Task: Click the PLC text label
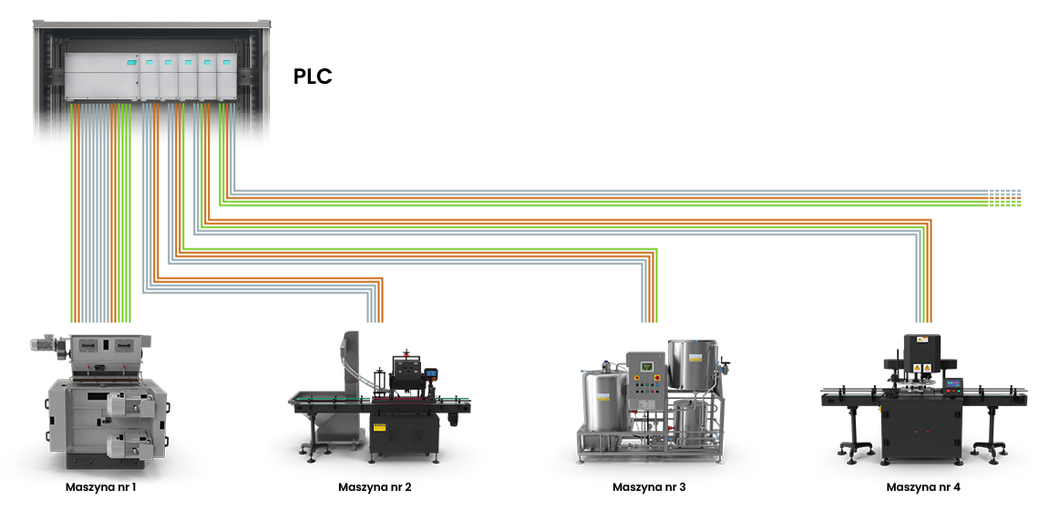coord(313,76)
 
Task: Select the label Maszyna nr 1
coord(100,487)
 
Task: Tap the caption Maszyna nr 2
coord(375,487)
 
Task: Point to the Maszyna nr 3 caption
coord(649,487)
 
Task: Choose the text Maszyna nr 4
coord(923,487)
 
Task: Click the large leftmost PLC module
coord(100,77)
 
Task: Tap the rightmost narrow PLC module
coord(227,77)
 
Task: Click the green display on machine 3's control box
coord(647,366)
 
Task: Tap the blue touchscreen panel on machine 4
coord(952,385)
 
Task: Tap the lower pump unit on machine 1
coord(129,445)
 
